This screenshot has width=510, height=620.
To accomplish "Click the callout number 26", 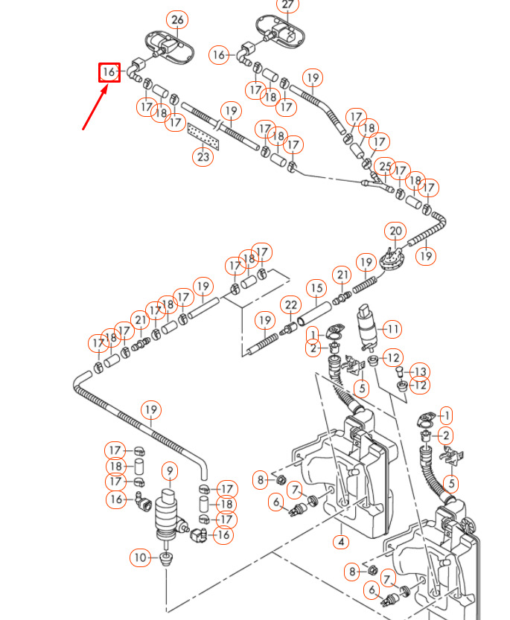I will (176, 20).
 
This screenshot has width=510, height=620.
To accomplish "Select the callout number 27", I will (288, 5).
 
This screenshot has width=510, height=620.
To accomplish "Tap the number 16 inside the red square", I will (109, 72).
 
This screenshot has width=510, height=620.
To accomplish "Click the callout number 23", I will (203, 156).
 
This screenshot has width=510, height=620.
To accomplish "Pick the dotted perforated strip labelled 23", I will (203, 135).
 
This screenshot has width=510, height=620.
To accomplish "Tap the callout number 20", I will (395, 231).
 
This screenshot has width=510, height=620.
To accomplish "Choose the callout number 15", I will (317, 287).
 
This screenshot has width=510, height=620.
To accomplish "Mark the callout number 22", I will (290, 305).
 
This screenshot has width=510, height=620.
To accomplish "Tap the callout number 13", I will (421, 371).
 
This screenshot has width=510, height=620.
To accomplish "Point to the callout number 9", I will (170, 470).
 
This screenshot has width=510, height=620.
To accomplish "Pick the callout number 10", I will (141, 557).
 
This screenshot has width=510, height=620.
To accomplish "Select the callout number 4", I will (341, 542).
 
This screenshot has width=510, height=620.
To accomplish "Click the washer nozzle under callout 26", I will (168, 45).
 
